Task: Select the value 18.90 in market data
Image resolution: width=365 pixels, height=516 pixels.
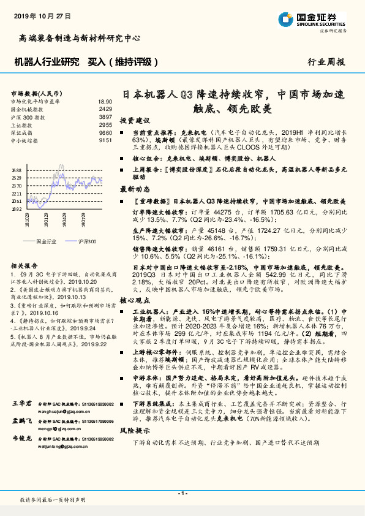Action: point(104,101)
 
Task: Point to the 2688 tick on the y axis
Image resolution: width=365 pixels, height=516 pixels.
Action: point(17,170)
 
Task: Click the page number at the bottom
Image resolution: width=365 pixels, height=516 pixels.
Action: point(182,492)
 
